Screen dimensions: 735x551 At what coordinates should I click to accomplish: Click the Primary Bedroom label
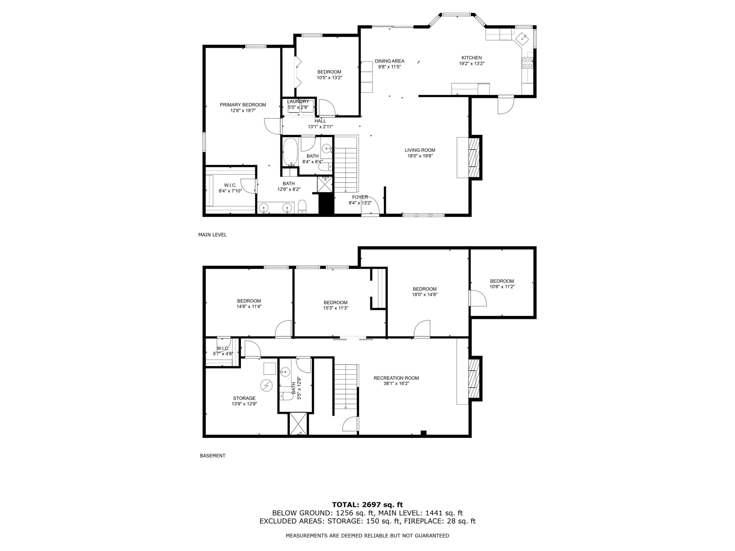243,105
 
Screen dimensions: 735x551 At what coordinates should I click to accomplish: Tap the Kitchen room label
471,58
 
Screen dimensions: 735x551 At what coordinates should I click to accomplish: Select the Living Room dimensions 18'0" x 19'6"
420,156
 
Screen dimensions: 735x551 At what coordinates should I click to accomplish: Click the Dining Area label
389,61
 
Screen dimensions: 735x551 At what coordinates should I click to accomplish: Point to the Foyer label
360,197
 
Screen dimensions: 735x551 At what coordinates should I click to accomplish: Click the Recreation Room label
396,378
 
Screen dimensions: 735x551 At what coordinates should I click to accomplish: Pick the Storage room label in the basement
244,398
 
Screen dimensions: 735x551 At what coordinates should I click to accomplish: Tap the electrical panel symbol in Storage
266,386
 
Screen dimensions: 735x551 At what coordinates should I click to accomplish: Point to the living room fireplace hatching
474,157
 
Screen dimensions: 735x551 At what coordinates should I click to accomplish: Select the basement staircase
346,387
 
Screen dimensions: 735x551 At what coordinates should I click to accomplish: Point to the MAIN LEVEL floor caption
212,235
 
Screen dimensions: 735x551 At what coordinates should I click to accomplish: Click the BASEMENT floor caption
213,456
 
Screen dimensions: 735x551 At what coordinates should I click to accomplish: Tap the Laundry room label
298,102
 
